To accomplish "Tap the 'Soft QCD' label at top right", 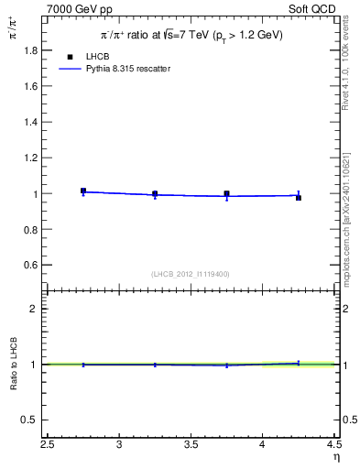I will [313, 8].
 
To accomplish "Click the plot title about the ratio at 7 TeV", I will [191, 35].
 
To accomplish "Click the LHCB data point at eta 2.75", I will [83, 191].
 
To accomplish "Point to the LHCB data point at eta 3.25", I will [155, 193].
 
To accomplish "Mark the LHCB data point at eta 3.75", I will [226, 193].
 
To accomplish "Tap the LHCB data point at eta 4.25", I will [298, 197].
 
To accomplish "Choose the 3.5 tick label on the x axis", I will [191, 444].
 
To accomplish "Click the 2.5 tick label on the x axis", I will [48, 444].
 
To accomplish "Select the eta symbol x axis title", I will [334, 455].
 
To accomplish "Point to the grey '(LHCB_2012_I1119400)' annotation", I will [191, 274].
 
